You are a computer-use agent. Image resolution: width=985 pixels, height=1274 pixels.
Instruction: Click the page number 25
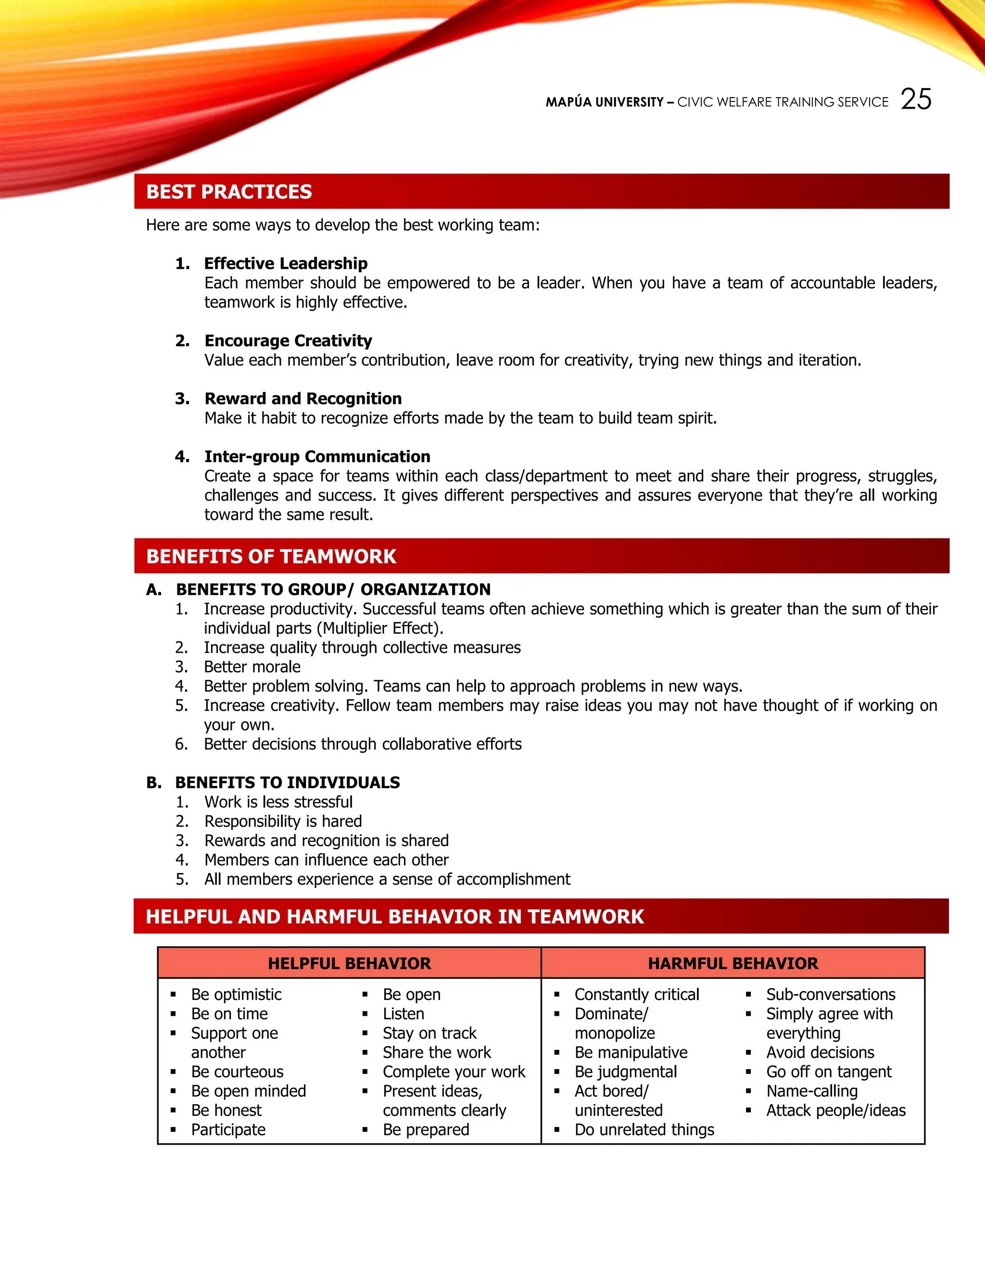(916, 99)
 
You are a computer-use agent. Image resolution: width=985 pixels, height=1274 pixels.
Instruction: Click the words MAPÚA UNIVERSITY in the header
(604, 102)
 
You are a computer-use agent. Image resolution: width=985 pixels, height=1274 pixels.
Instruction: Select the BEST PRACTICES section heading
(229, 192)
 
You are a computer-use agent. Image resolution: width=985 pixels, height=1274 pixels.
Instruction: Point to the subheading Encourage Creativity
(288, 341)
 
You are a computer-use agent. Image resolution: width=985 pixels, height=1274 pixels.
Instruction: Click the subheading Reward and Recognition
(303, 399)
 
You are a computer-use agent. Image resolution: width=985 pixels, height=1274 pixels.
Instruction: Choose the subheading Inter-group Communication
(317, 456)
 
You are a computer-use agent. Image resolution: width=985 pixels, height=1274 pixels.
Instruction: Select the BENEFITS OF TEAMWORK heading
(271, 557)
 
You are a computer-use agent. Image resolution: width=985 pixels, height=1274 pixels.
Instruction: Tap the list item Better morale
(252, 667)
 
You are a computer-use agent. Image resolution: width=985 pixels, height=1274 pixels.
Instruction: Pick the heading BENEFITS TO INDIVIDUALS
(287, 782)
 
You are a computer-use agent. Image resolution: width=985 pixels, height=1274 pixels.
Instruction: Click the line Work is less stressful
(278, 802)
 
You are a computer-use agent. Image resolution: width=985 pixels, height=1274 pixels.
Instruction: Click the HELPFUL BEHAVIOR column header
(349, 963)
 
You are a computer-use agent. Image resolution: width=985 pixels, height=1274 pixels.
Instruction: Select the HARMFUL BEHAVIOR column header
(733, 963)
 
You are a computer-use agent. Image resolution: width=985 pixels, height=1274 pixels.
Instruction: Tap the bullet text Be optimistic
(236, 995)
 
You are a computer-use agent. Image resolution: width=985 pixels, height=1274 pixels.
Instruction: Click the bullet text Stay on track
(429, 1033)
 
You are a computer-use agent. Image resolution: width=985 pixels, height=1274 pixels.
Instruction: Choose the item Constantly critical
(637, 995)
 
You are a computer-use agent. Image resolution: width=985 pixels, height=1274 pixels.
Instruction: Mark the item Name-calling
(812, 1091)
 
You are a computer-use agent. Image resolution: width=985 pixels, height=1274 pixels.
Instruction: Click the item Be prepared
(426, 1129)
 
